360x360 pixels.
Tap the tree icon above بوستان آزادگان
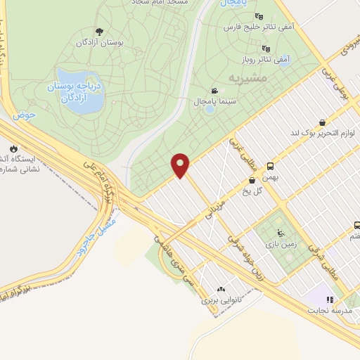(x=98, y=32)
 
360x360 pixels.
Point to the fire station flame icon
(x=13, y=149)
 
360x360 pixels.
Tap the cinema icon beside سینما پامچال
(x=214, y=91)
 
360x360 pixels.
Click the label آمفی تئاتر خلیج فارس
(x=256, y=27)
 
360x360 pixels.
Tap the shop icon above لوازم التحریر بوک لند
(x=321, y=122)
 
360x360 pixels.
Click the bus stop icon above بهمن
(x=270, y=167)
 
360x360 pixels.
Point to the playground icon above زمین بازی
(x=281, y=232)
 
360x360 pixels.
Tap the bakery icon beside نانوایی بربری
(x=221, y=288)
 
